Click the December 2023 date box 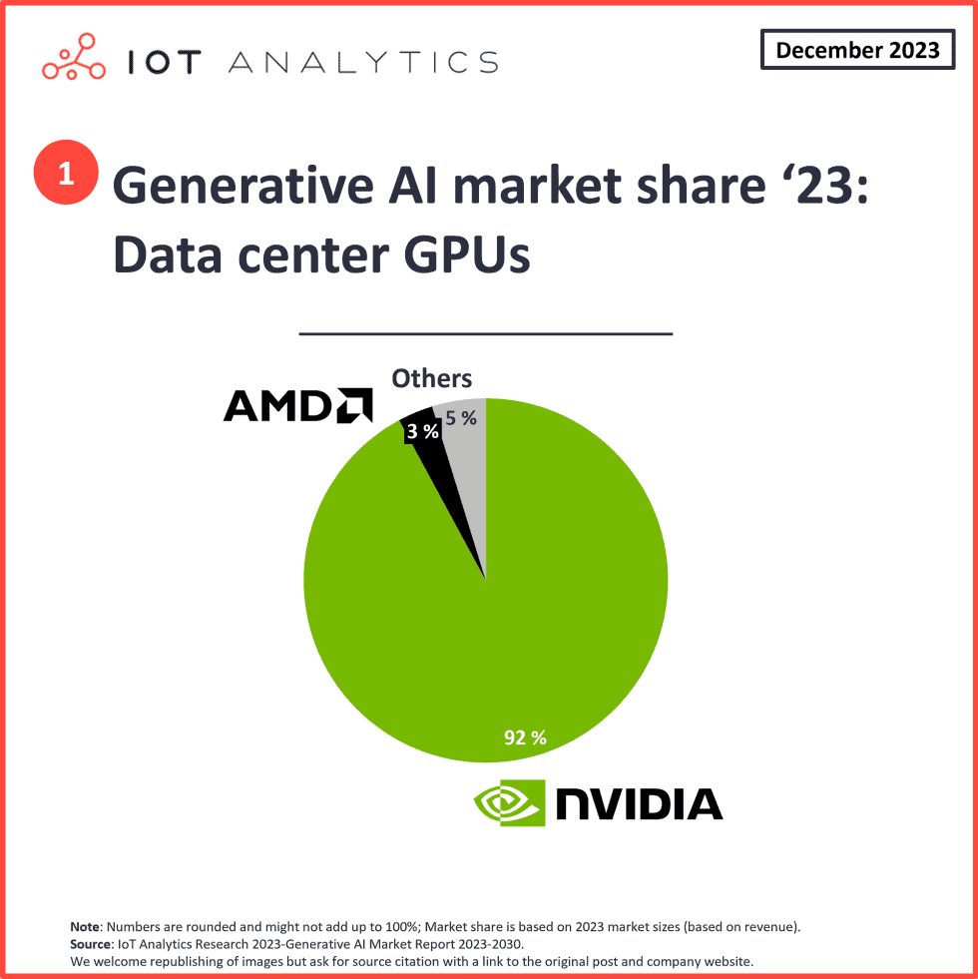pyautogui.click(x=857, y=50)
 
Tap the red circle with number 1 pyautogui.click(x=67, y=174)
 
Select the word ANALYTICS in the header pyautogui.click(x=363, y=62)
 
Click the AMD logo pyautogui.click(x=297, y=405)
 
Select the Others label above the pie pyautogui.click(x=431, y=378)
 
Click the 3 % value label pyautogui.click(x=422, y=432)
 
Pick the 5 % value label pyautogui.click(x=461, y=419)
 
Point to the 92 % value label pyautogui.click(x=524, y=738)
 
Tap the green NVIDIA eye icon pyautogui.click(x=509, y=802)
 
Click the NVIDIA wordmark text pyautogui.click(x=639, y=803)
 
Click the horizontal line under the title pyautogui.click(x=486, y=333)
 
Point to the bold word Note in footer pyautogui.click(x=86, y=927)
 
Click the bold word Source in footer pyautogui.click(x=92, y=944)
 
